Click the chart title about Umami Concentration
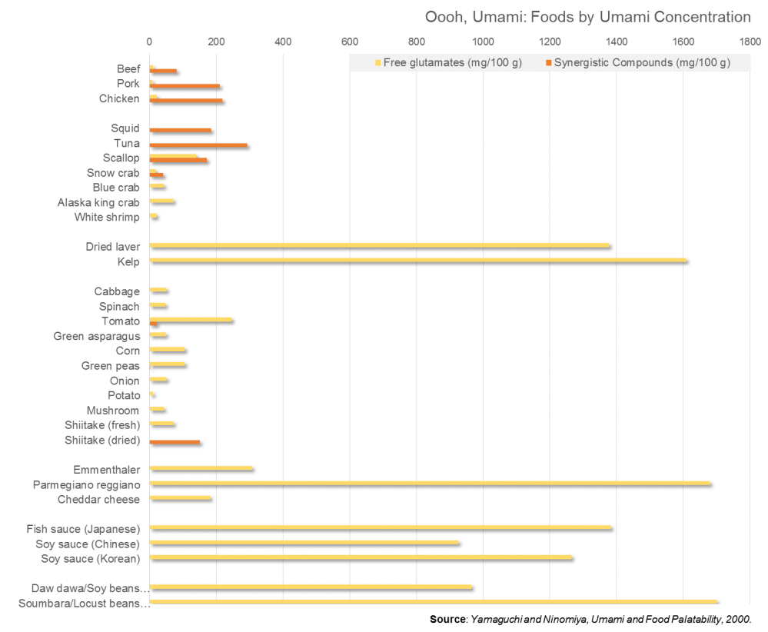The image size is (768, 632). coord(587,17)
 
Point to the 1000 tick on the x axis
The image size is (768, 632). coord(483,41)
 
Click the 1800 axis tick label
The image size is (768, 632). coord(750,41)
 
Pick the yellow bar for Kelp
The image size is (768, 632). coord(418,261)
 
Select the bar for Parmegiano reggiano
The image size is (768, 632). coord(431,484)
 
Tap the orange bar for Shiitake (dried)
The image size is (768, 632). coord(175,442)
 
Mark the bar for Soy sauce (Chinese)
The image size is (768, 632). coord(304,543)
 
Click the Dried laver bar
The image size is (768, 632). coord(380,246)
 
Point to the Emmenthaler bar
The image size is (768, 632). coord(201,468)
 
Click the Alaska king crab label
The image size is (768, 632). coord(98,202)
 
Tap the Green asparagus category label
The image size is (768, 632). coord(96,336)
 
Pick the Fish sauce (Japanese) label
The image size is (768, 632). coord(83,528)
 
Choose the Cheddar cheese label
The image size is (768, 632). coord(98,499)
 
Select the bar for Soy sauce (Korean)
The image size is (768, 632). coord(361,558)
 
